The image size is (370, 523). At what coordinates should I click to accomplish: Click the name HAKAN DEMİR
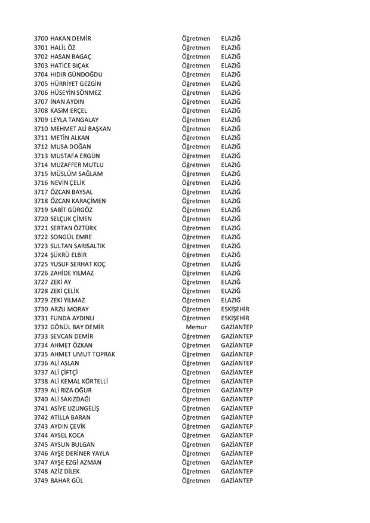(x=71, y=39)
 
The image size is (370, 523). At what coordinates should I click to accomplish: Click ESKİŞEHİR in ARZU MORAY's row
(x=235, y=309)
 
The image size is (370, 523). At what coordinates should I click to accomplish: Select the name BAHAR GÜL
(x=67, y=480)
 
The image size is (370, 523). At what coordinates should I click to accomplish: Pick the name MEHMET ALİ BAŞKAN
(x=81, y=129)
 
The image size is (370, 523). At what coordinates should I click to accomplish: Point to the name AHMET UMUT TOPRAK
(x=83, y=354)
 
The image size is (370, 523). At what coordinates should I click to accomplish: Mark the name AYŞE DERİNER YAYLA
(x=84, y=453)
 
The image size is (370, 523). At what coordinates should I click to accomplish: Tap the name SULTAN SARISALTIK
(x=78, y=246)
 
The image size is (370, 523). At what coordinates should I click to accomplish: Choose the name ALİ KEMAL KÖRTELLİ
(x=83, y=381)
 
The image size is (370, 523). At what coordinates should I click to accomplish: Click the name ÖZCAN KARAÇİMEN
(x=78, y=201)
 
